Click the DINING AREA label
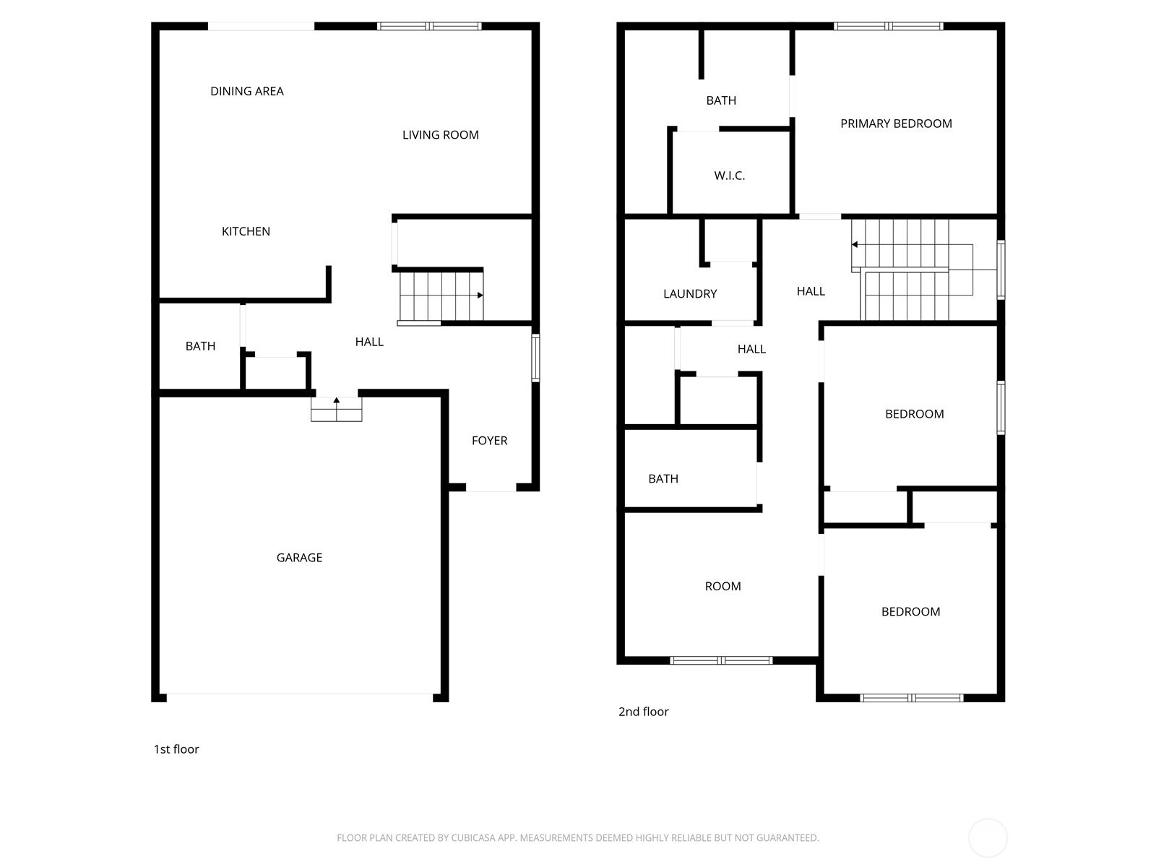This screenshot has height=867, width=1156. point(246,91)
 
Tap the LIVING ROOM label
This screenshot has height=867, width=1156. point(440,134)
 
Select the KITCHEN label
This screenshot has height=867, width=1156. point(246,231)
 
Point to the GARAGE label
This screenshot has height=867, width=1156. point(299,557)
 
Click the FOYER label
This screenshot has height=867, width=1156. point(489,440)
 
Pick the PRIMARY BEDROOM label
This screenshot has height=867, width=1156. point(896,124)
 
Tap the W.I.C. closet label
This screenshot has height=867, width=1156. point(729,176)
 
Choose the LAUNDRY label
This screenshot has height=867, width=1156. point(690,293)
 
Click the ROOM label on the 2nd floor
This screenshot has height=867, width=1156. point(722,586)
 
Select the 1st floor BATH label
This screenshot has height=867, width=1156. point(200,346)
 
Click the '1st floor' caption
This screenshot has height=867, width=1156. point(176,749)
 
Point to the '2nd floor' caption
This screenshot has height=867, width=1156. point(643,712)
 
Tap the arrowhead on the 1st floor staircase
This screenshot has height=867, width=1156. point(480,295)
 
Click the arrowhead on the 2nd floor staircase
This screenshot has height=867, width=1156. point(855,245)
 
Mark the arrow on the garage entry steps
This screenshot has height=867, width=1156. point(337,400)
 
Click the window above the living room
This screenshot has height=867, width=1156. point(429,27)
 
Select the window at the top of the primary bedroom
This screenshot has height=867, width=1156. point(888,27)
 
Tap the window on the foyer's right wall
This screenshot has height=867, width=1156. point(535,357)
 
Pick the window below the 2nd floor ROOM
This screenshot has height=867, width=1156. point(721,660)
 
